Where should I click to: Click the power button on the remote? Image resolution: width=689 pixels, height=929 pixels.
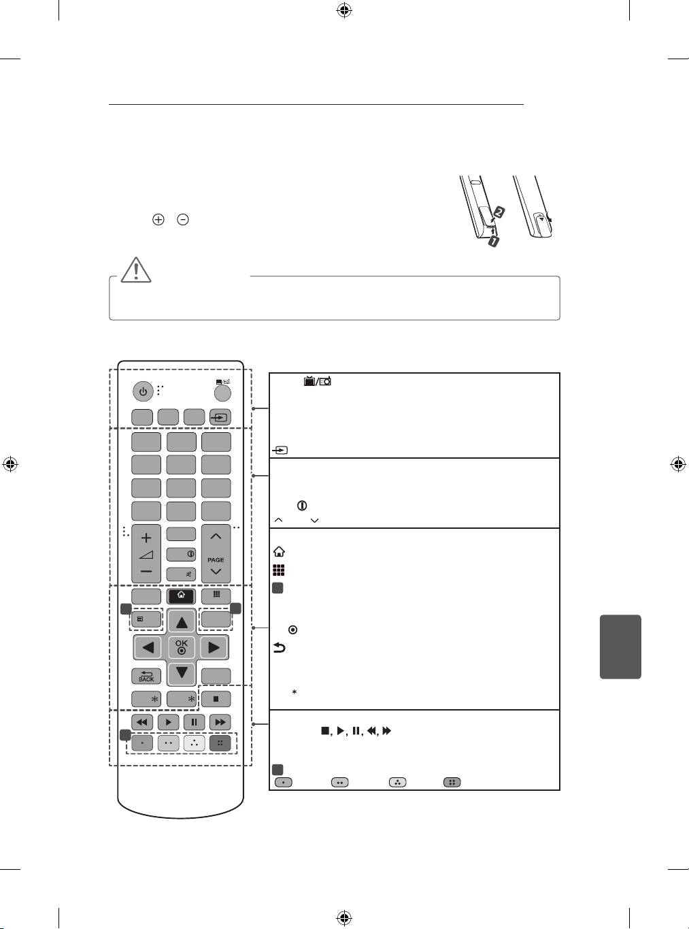pyautogui.click(x=143, y=392)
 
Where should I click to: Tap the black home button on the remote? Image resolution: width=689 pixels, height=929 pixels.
pyautogui.click(x=181, y=596)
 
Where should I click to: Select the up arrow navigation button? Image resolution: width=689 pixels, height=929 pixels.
pyautogui.click(x=182, y=623)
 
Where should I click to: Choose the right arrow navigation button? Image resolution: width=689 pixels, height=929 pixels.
pyautogui.click(x=214, y=647)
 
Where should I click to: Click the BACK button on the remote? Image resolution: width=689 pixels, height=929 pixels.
pyautogui.click(x=146, y=676)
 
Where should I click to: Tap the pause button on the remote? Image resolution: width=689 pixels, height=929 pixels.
pyautogui.click(x=195, y=722)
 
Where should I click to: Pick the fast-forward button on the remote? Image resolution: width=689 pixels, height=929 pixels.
pyautogui.click(x=220, y=722)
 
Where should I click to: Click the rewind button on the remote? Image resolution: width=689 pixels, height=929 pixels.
pyautogui.click(x=142, y=722)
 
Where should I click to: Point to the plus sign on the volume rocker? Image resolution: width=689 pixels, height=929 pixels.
pyautogui.click(x=146, y=538)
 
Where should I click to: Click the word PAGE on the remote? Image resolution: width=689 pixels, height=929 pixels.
pyautogui.click(x=216, y=559)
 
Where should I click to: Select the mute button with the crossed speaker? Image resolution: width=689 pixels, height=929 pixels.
pyautogui.click(x=181, y=574)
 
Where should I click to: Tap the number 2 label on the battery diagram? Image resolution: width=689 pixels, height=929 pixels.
pyautogui.click(x=499, y=211)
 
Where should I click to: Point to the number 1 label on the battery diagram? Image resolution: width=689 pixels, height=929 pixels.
pyautogui.click(x=494, y=241)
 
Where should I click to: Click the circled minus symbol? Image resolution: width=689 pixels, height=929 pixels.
pyautogui.click(x=183, y=219)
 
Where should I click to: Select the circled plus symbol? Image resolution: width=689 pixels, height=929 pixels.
pyautogui.click(x=158, y=219)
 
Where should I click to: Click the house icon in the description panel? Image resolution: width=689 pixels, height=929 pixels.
pyautogui.click(x=279, y=552)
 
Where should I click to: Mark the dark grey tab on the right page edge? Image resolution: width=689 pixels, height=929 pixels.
pyautogui.click(x=620, y=647)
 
